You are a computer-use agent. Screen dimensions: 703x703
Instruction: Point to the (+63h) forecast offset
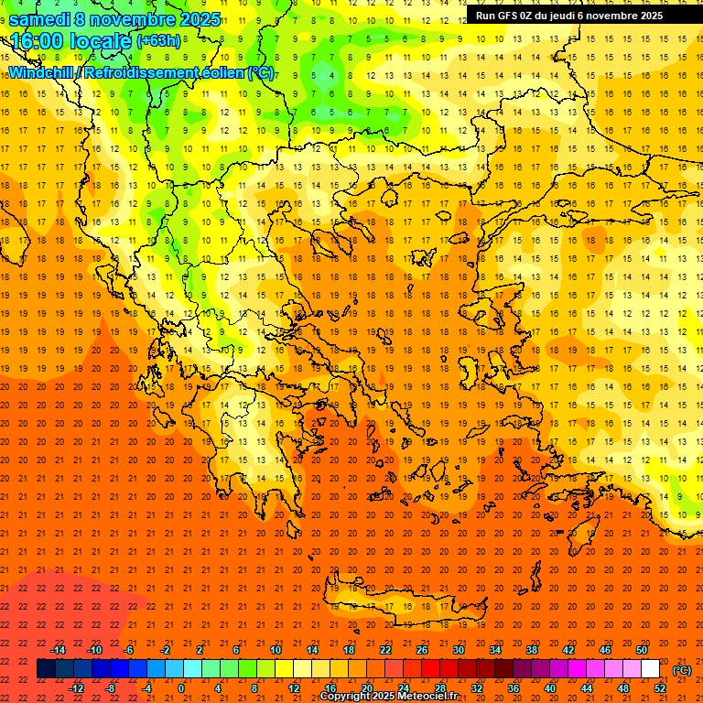[159, 41]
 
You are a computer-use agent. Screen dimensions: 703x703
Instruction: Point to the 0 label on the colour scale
[181, 688]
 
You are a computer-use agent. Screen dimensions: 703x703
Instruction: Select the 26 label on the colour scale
[422, 650]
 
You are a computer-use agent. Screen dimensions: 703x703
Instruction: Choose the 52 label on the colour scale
[660, 688]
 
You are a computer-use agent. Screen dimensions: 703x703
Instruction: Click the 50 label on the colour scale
[642, 650]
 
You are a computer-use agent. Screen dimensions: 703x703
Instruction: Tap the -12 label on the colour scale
[76, 688]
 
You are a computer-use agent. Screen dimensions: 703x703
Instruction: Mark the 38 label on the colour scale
[531, 650]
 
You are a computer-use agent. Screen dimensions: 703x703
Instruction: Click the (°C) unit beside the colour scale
[682, 670]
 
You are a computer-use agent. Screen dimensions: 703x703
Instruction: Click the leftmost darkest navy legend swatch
[47, 669]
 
